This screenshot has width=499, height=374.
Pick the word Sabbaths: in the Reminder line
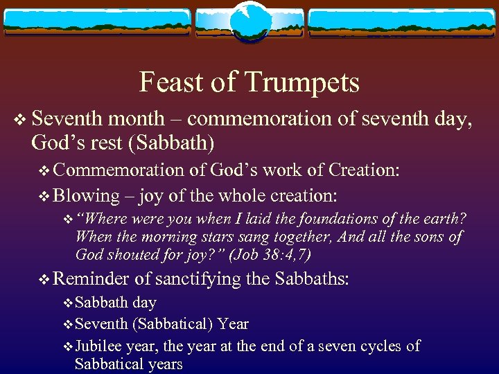pyautogui.click(x=313, y=279)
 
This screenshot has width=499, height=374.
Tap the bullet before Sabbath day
pyautogui.click(x=67, y=303)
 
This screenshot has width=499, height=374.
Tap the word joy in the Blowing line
pyautogui.click(x=152, y=195)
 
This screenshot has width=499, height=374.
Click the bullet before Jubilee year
pyautogui.click(x=67, y=346)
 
